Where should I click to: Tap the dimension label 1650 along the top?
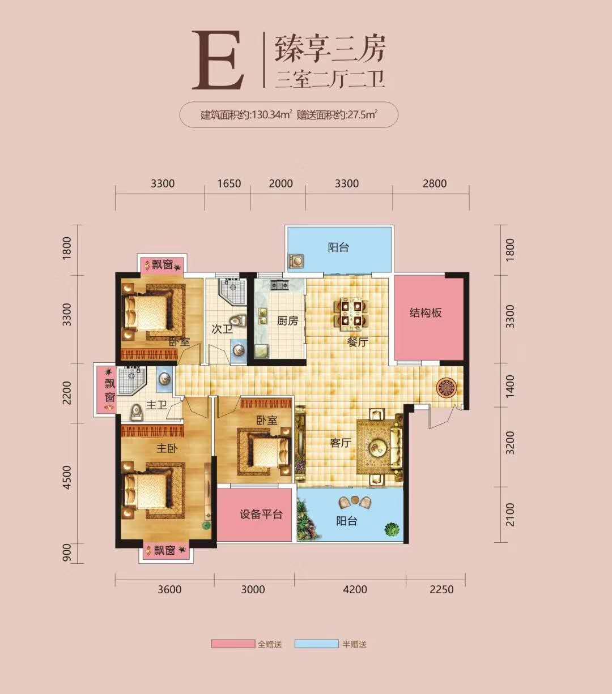click(x=229, y=183)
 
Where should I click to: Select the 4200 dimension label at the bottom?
click(x=355, y=589)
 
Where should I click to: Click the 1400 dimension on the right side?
click(x=510, y=385)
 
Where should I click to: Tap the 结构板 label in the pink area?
click(x=426, y=312)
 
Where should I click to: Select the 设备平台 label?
click(x=261, y=515)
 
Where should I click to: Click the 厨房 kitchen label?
click(x=287, y=321)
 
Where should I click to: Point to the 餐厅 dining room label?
click(x=358, y=342)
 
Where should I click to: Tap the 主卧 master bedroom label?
click(x=167, y=448)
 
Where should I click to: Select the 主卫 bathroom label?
click(x=157, y=405)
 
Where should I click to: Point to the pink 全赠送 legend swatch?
click(x=232, y=644)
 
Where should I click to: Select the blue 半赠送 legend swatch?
click(x=316, y=644)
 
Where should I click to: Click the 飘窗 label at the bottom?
click(x=164, y=550)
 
